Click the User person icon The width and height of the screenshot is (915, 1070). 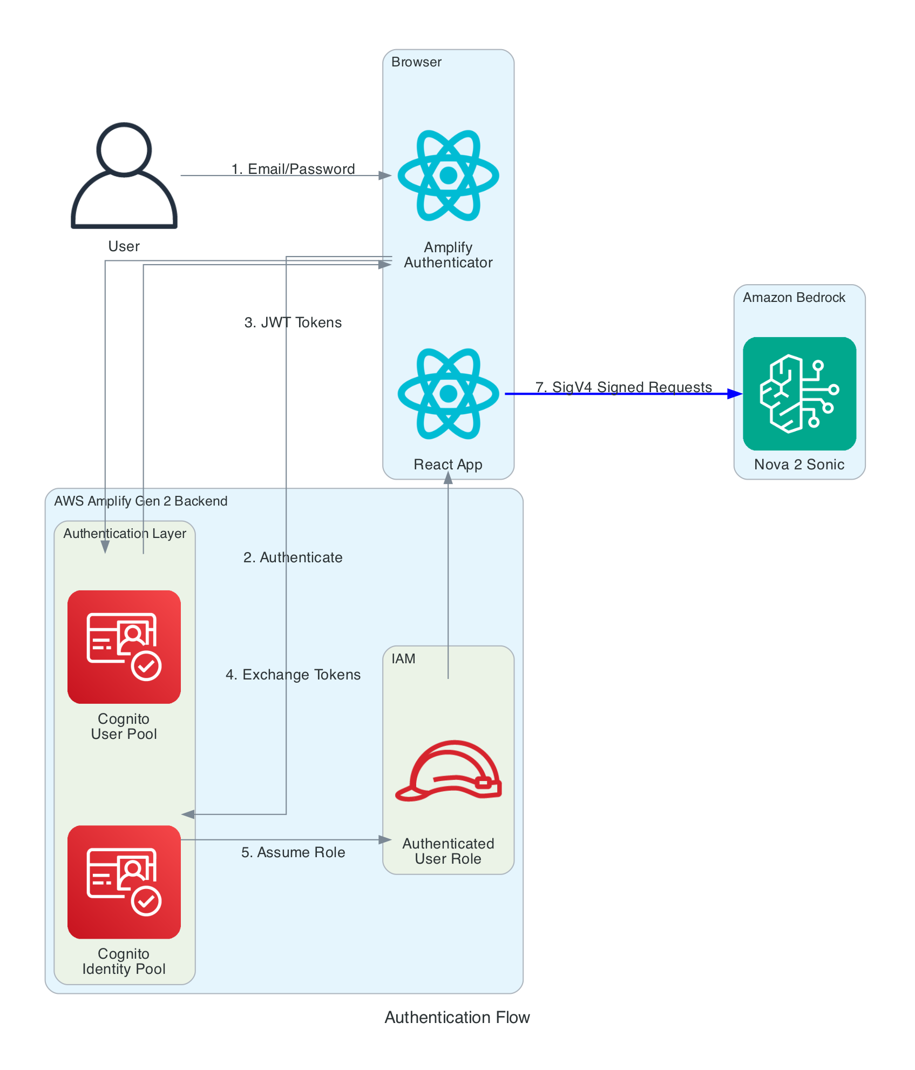pyautogui.click(x=124, y=176)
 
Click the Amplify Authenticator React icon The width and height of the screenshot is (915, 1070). pyautogui.click(x=448, y=176)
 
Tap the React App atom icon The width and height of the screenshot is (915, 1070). pyautogui.click(x=448, y=394)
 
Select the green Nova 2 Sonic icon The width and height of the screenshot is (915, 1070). pyautogui.click(x=799, y=394)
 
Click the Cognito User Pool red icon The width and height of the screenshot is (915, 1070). pyautogui.click(x=124, y=647)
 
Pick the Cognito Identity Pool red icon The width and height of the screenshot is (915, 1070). pyautogui.click(x=124, y=881)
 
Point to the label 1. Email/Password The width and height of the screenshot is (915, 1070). pyautogui.click(x=293, y=169)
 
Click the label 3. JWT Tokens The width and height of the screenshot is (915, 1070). pyautogui.click(x=293, y=322)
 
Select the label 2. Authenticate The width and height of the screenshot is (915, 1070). pyautogui.click(x=293, y=557)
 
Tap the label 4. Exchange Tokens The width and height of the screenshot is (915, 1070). pyautogui.click(x=293, y=675)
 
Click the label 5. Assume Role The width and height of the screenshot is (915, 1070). pyautogui.click(x=293, y=852)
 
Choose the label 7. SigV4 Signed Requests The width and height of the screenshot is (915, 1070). pyautogui.click(x=623, y=387)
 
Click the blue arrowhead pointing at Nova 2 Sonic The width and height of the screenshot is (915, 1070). pyautogui.click(x=735, y=394)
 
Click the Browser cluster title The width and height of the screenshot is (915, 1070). pyautogui.click(x=416, y=62)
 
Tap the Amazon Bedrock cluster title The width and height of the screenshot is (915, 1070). pyautogui.click(x=794, y=298)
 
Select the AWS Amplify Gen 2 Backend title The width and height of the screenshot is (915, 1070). pyautogui.click(x=141, y=501)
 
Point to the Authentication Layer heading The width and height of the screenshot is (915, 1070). pyautogui.click(x=125, y=534)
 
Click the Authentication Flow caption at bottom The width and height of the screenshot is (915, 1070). pyautogui.click(x=457, y=1018)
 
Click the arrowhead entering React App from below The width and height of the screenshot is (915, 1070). pyautogui.click(x=448, y=477)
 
